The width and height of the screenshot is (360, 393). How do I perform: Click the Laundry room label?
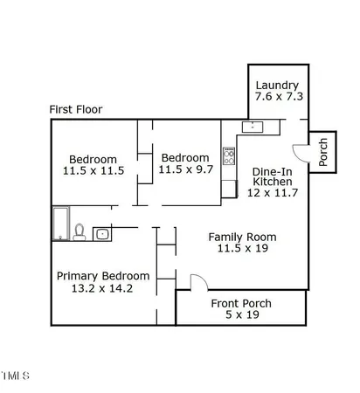coord(277,86)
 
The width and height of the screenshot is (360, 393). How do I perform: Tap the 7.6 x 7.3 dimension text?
coord(279,96)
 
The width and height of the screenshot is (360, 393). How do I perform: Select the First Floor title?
coord(76,109)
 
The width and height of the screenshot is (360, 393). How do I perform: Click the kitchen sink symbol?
coord(253,128)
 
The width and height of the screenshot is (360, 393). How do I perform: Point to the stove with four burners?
coord(229,156)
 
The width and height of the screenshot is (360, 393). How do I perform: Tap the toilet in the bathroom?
coord(80,232)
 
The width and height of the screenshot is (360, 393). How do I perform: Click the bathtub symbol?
coord(61,224)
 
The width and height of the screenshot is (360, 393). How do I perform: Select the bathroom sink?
coord(102,234)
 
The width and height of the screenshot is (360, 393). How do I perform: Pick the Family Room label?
coord(242,237)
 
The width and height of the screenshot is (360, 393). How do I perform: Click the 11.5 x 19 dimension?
coord(243,248)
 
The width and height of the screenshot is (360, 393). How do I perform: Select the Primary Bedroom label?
coord(103,276)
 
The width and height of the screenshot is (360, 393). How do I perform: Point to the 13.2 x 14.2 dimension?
coord(102,288)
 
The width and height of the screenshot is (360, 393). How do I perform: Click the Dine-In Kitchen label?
coord(273,176)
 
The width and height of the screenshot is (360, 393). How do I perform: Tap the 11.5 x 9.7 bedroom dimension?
coord(185,169)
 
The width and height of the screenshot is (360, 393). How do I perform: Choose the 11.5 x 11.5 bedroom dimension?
coord(93,170)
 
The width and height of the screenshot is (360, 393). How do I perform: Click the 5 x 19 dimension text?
coord(242,314)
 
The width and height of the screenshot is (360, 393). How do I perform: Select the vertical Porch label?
coord(323,152)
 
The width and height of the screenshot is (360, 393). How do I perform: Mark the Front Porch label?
coord(241,304)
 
